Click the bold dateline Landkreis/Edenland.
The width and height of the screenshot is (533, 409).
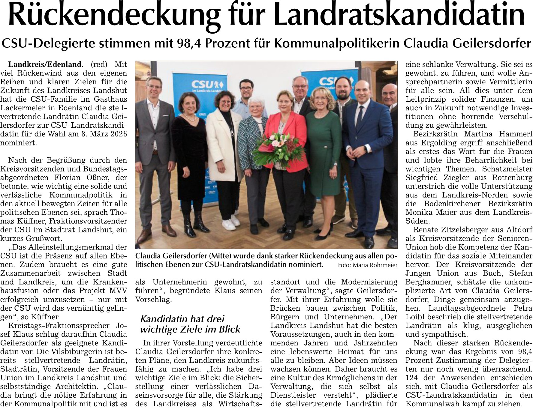coord(45,64)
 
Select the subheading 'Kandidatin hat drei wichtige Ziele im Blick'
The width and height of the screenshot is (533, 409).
coord(190,324)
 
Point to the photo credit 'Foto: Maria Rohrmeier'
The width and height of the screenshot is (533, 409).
coord(367,265)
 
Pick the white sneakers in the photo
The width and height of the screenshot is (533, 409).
coord(231,222)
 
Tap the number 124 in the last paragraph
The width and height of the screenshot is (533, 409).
coord(411,378)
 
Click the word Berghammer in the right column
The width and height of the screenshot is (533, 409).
coord(423,282)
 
